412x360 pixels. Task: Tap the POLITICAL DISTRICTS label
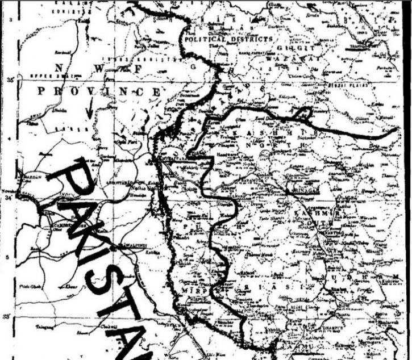pyautogui.click(x=227, y=40)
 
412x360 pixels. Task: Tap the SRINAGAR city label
pyautogui.click(x=307, y=190)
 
